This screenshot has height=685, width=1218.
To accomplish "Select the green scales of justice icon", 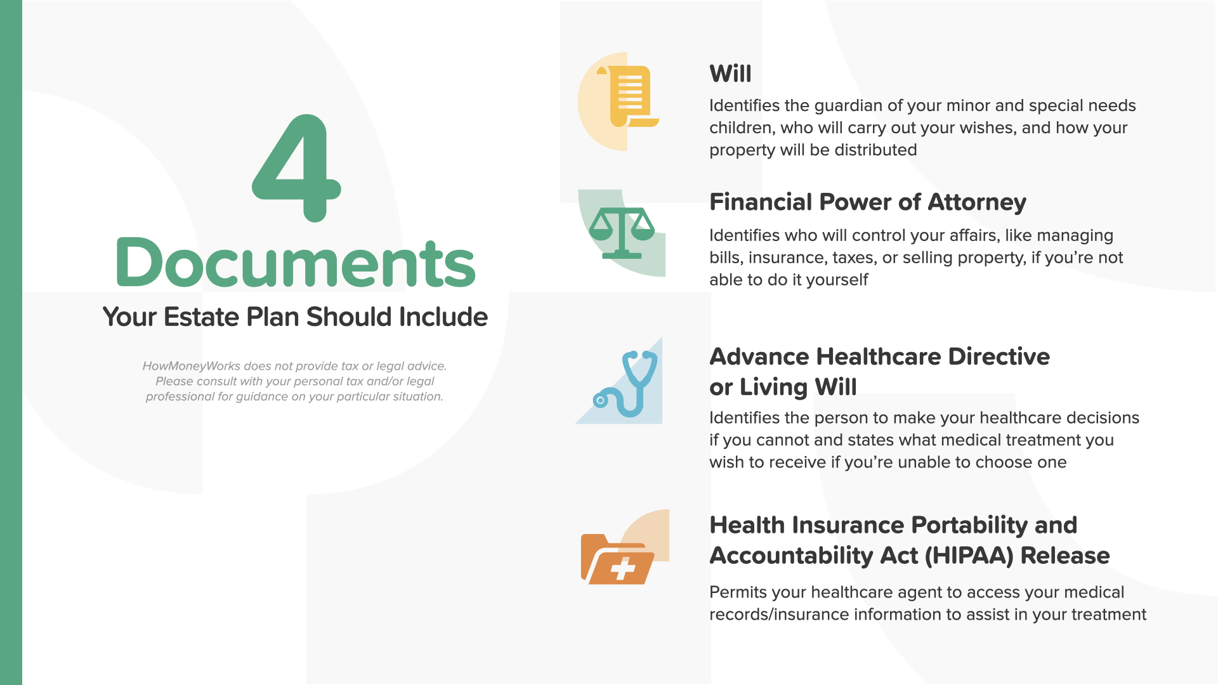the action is (x=622, y=233).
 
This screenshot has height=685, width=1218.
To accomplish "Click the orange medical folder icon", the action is (x=617, y=559).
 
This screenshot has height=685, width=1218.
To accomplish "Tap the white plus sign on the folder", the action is (x=623, y=568).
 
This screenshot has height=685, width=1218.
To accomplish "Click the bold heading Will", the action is (x=730, y=74).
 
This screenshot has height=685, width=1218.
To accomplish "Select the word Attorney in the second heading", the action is (x=977, y=202).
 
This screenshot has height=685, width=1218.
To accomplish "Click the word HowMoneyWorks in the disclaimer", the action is (x=192, y=366).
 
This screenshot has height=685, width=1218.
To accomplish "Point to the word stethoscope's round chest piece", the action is (x=600, y=400).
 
